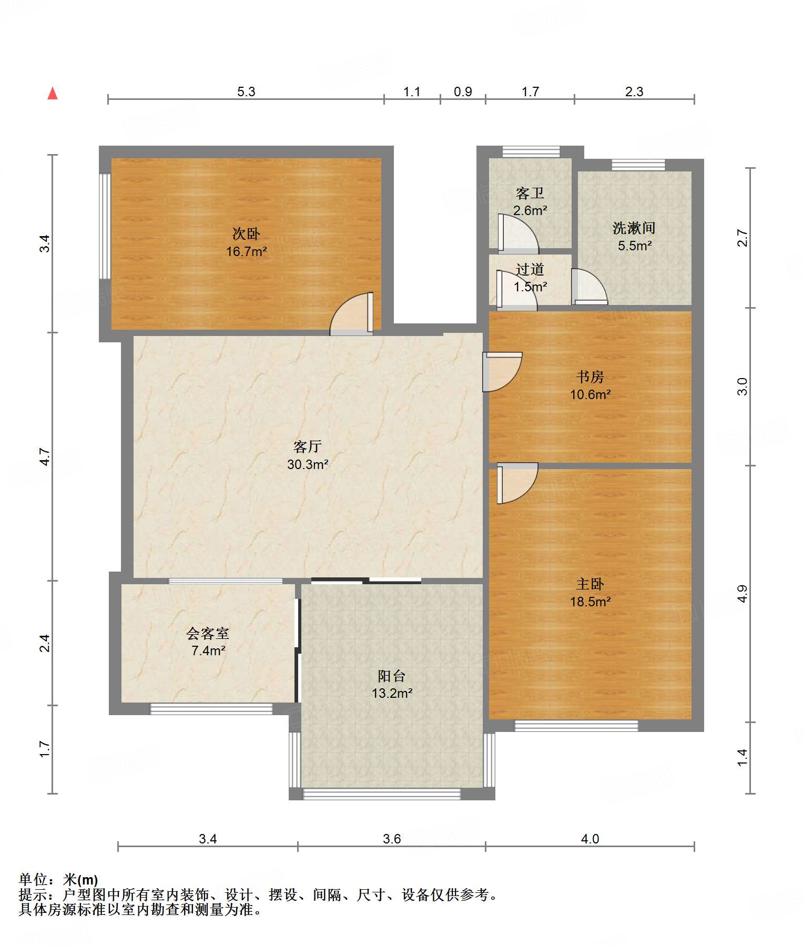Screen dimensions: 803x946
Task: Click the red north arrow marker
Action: click(x=53, y=94)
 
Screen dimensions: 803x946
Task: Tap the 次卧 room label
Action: click(x=246, y=233)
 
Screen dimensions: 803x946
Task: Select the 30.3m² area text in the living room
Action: click(x=308, y=464)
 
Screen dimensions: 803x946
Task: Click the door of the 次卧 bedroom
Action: click(x=352, y=313)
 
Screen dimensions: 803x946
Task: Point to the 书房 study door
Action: click(x=502, y=372)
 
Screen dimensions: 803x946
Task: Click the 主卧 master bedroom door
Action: click(x=517, y=483)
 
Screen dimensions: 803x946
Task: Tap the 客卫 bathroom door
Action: click(x=518, y=233)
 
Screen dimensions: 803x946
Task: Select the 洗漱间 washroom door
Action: click(x=589, y=287)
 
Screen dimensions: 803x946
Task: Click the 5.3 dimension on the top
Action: click(x=246, y=91)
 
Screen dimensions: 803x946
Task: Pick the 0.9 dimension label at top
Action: click(x=463, y=91)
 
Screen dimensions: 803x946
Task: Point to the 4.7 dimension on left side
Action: click(x=45, y=456)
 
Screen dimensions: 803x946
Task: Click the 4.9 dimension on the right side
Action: click(x=742, y=594)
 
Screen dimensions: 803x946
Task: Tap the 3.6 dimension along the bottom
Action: click(x=392, y=839)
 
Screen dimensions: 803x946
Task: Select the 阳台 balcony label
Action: click(x=392, y=676)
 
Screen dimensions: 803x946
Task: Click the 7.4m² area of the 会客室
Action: click(x=208, y=650)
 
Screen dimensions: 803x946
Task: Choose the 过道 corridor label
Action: click(x=530, y=269)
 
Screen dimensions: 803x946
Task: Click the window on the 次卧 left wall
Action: click(x=105, y=226)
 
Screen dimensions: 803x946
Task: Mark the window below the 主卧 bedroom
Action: click(x=576, y=726)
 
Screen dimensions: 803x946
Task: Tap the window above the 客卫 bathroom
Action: click(x=531, y=152)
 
